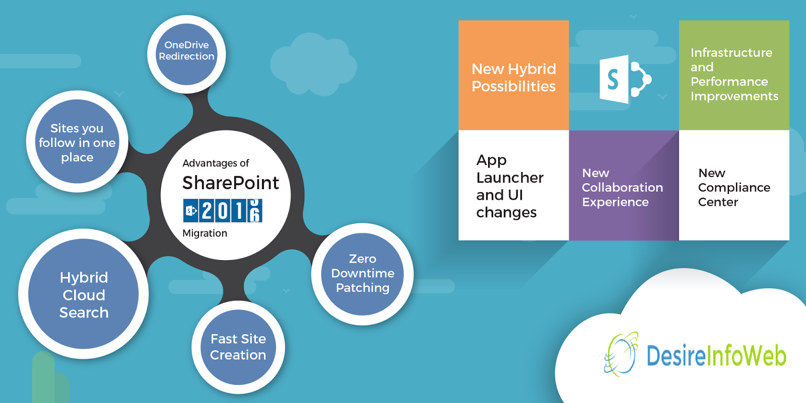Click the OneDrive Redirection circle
[186, 54]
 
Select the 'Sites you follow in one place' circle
[77, 142]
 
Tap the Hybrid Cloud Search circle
[84, 294]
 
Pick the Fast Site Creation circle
[238, 347]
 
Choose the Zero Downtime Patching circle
[363, 274]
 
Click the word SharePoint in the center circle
[230, 183]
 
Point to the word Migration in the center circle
[205, 233]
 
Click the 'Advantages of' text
[216, 163]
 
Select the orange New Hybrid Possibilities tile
[513, 75]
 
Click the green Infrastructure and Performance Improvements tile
[734, 75]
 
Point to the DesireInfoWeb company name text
[716, 355]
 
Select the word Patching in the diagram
[363, 288]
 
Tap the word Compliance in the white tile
[734, 188]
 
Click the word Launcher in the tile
[510, 178]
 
